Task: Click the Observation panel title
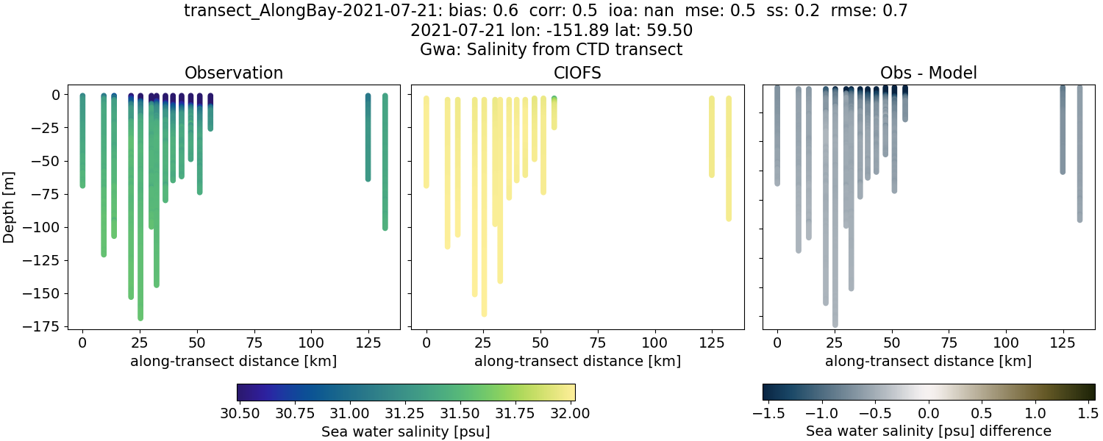pos(234,73)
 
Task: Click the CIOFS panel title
pos(577,73)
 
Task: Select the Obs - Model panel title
pos(928,73)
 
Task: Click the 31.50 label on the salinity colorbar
pos(463,413)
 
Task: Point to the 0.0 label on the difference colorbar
pos(929,413)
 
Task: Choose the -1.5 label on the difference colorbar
pos(765,413)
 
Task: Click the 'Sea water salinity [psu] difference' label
pos(928,431)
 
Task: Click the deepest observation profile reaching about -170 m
pos(140,220)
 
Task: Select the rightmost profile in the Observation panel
pos(385,162)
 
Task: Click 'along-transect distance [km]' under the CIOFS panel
pos(577,361)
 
